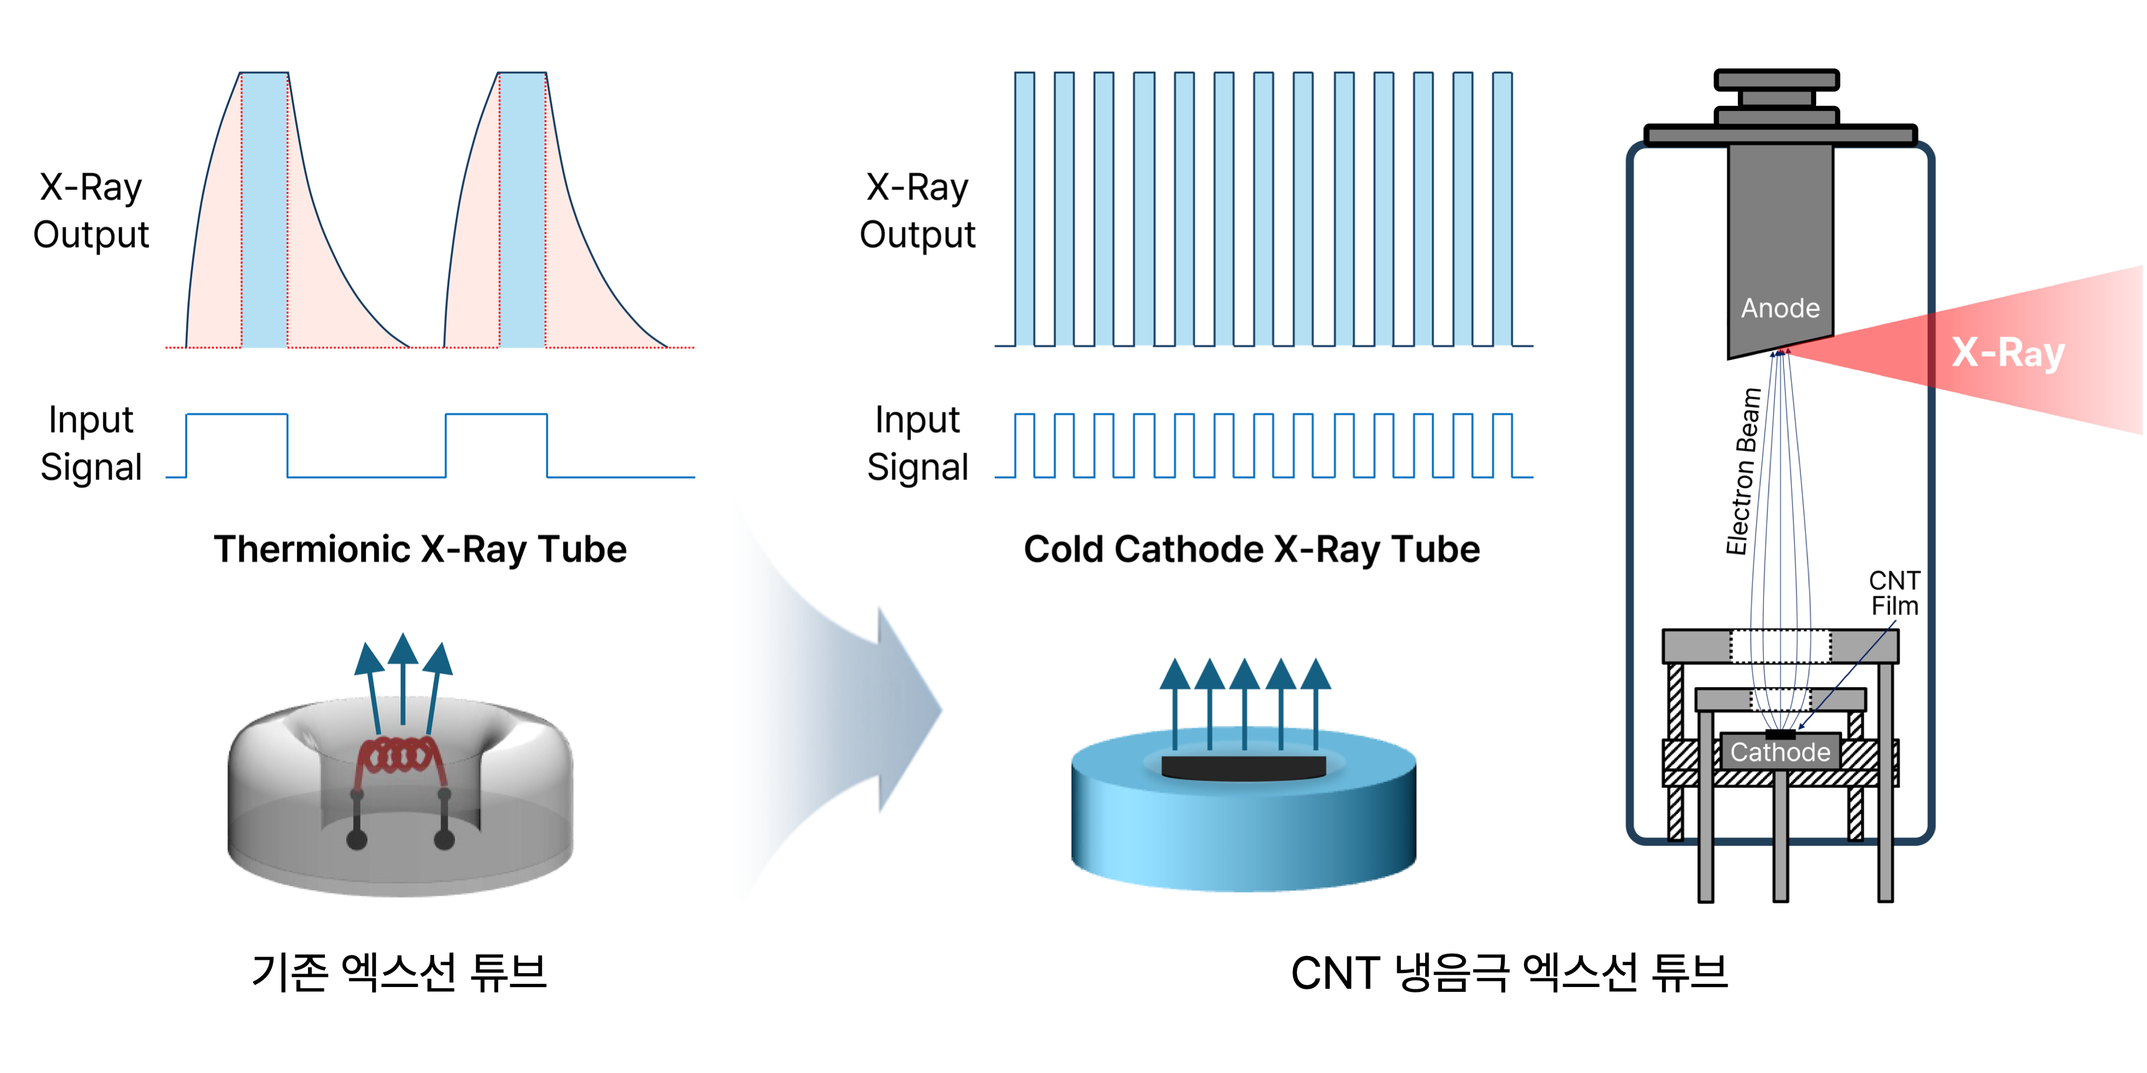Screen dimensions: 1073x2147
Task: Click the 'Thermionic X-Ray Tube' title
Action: click(x=419, y=550)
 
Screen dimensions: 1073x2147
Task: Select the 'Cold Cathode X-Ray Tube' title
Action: click(x=1251, y=550)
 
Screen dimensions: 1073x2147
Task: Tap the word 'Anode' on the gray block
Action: click(x=1780, y=308)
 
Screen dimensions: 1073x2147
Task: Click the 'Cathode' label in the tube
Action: click(x=1780, y=752)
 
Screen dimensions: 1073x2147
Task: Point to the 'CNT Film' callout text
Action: click(x=1894, y=593)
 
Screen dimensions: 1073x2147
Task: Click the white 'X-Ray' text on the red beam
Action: click(x=2007, y=353)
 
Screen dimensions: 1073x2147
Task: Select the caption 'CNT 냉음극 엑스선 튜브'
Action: click(x=1509, y=972)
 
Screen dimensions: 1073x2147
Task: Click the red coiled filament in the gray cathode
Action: click(x=398, y=756)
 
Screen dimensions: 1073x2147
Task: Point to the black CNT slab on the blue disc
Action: click(x=1243, y=767)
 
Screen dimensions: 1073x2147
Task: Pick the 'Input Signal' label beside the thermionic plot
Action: click(x=91, y=443)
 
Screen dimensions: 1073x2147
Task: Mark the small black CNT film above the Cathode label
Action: click(x=1780, y=734)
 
